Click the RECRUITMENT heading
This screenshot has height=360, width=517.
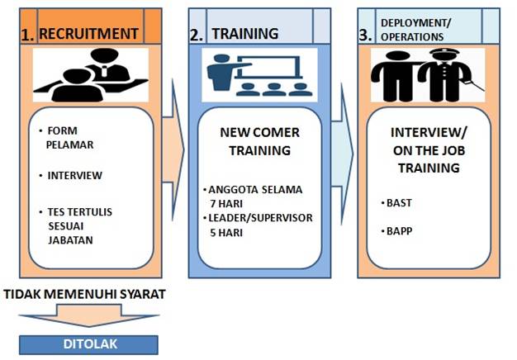click(88, 34)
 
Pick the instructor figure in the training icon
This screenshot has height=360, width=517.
click(221, 75)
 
